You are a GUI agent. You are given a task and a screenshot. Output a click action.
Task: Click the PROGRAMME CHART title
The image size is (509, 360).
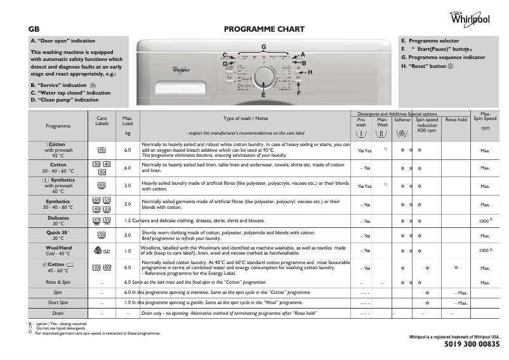[x=265, y=29]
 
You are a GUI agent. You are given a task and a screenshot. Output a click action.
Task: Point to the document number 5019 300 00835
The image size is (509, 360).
[x=469, y=344]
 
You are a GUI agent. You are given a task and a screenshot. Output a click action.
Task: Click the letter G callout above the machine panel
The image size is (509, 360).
[x=263, y=47]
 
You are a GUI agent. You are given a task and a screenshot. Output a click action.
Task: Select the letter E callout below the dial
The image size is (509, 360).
[x=263, y=95]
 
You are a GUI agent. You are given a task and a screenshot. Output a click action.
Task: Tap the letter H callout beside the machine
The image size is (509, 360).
[x=310, y=72]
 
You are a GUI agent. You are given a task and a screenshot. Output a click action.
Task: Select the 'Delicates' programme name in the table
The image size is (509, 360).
[x=58, y=218]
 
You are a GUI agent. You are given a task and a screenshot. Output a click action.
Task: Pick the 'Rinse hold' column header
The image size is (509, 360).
[x=456, y=119]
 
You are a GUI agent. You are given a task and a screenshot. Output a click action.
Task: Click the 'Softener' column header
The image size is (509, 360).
[x=402, y=119]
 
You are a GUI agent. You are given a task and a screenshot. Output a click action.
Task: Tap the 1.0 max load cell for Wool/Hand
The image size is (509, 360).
[x=127, y=251]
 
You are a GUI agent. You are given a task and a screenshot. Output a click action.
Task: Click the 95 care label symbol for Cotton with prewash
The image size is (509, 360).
[x=101, y=150]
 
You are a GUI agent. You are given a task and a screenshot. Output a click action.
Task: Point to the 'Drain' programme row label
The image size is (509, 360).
[x=58, y=314]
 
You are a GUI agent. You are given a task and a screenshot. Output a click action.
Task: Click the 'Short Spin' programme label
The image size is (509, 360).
[x=58, y=303]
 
